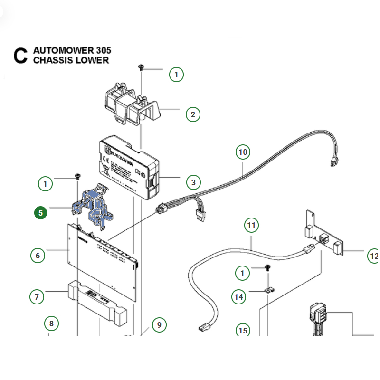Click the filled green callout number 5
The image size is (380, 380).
click(x=41, y=212)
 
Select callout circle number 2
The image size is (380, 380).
click(x=193, y=114)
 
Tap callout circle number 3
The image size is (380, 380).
click(x=193, y=182)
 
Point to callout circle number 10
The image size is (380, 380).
click(x=243, y=152)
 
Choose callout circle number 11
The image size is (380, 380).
click(x=251, y=225)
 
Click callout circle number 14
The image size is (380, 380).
click(x=238, y=297)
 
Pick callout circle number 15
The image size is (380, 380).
click(x=243, y=330)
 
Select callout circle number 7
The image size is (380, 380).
click(x=37, y=297)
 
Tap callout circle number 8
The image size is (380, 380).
click(x=52, y=324)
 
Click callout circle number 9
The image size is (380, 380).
click(x=159, y=325)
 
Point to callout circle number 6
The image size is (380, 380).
click(x=38, y=255)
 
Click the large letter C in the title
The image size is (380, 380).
click(x=20, y=55)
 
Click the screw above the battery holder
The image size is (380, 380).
click(x=141, y=68)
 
